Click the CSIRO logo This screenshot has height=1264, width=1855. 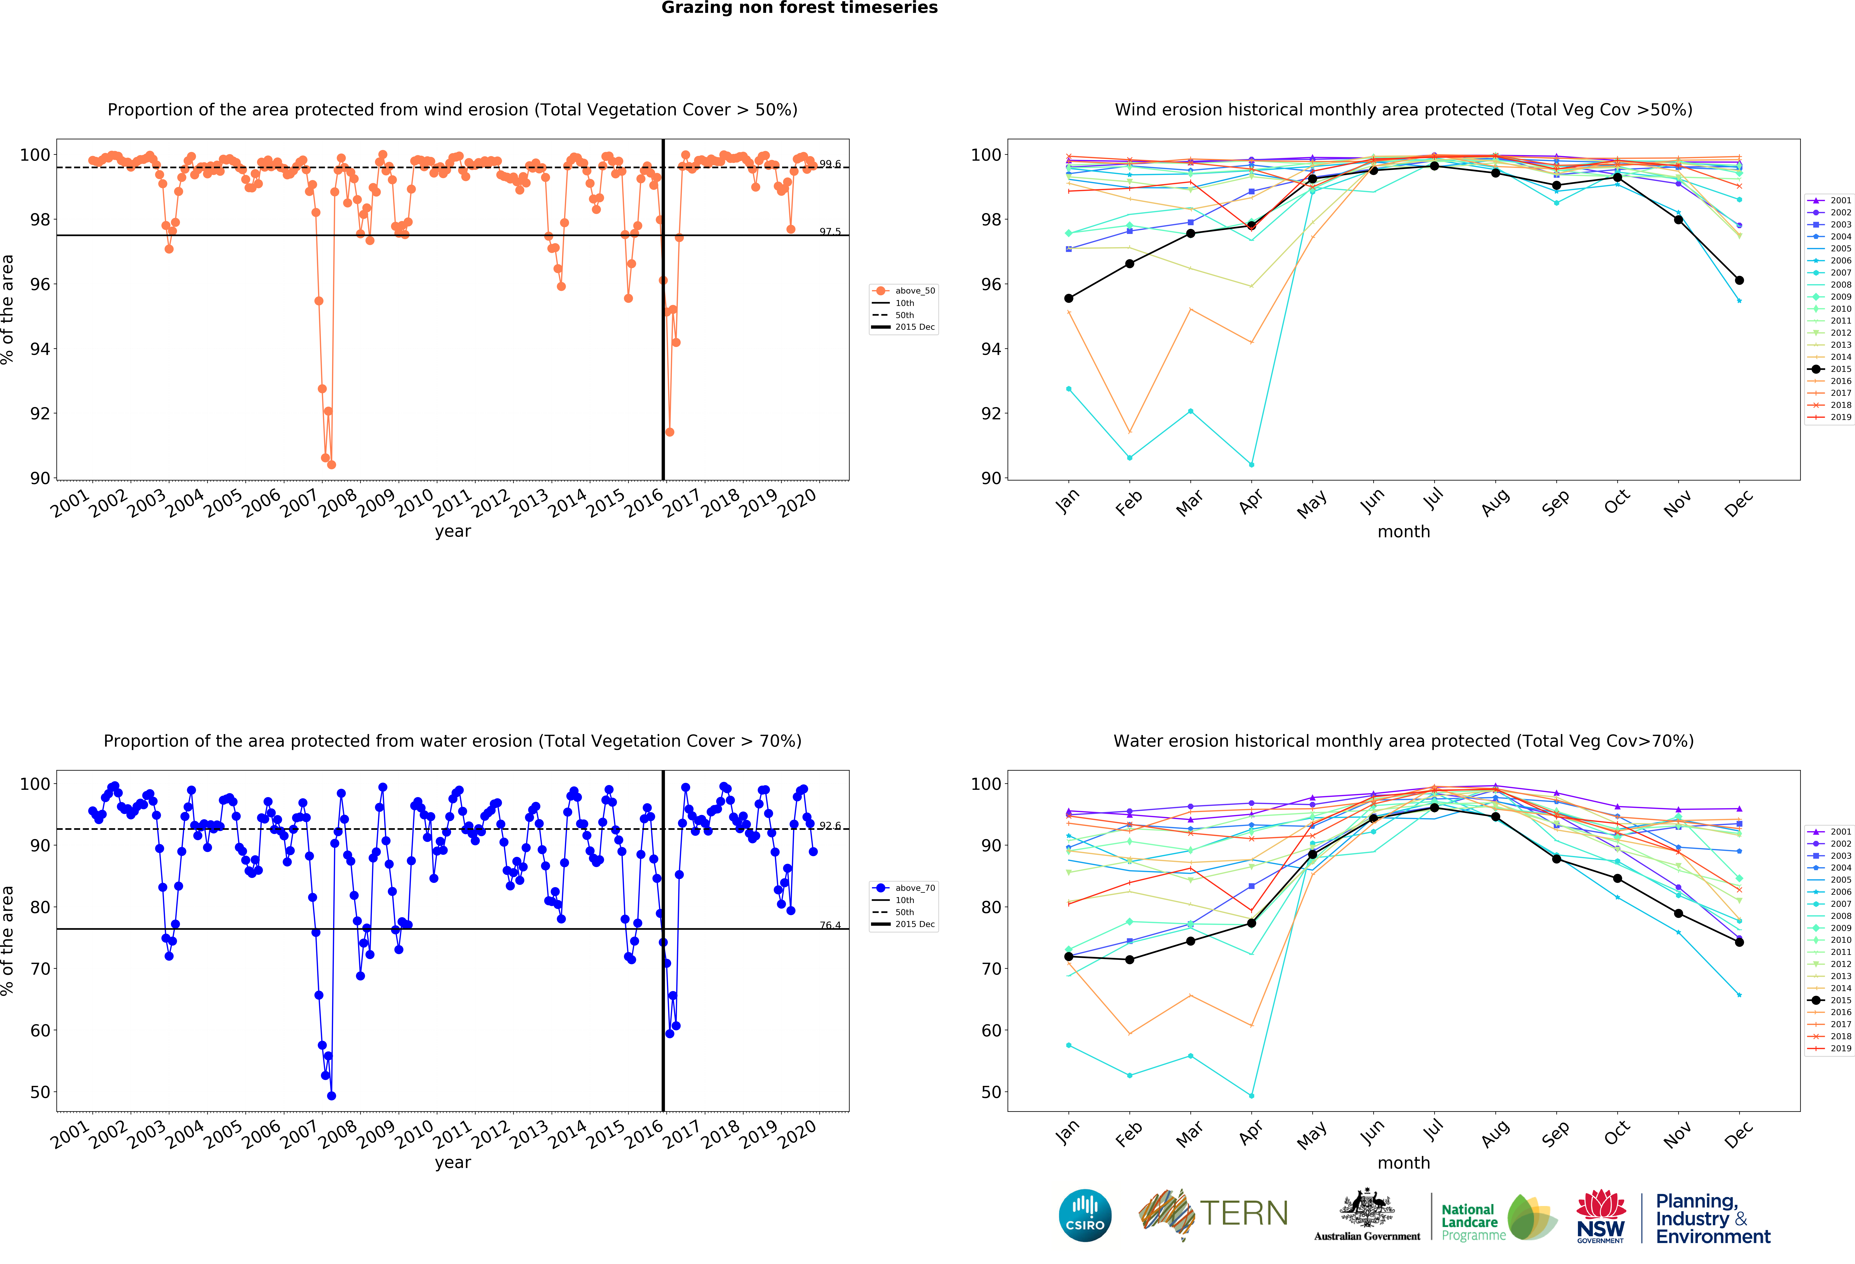1085,1215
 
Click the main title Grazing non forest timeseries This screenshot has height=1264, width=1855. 799,8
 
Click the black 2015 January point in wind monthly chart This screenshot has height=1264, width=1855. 1069,298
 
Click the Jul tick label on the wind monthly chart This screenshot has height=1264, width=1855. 1434,499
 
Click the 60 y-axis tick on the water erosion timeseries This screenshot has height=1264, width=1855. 40,1030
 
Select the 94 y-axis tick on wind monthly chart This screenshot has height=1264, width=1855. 991,349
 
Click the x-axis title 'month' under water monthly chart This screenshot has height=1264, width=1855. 1403,1163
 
